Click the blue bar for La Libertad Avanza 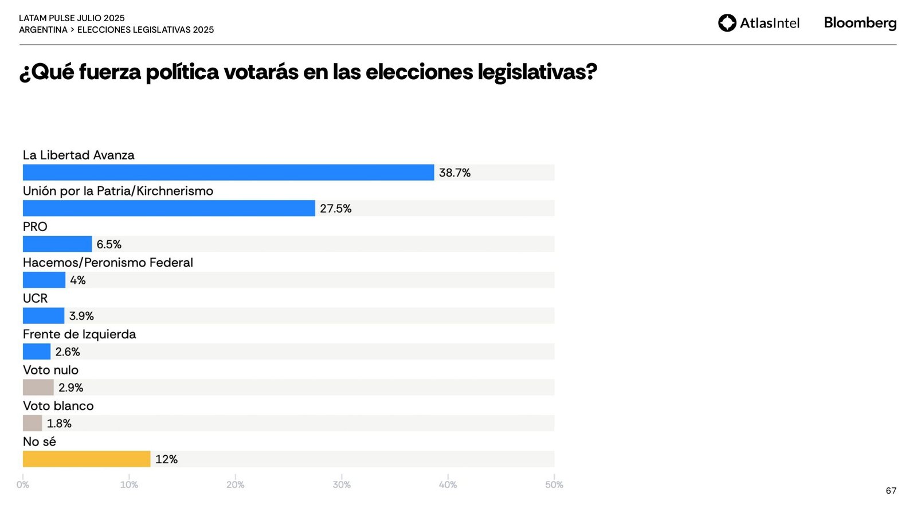coord(228,173)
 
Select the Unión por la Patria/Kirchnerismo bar coord(168,208)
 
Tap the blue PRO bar coord(57,244)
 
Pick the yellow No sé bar coord(87,459)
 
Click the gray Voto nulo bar coord(38,388)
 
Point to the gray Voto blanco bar coord(32,423)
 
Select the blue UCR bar coord(44,316)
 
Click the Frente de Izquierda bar coord(37,351)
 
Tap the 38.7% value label coord(454,173)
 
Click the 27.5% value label coord(335,209)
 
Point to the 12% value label coord(166,459)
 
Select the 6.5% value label coord(109,244)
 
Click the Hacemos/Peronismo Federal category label coord(108,263)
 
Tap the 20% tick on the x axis coord(235,484)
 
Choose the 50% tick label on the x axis coord(554,484)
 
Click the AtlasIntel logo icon coord(727,23)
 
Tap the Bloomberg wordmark coord(860,23)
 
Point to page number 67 coord(891,491)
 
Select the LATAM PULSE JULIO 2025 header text coord(72,18)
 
